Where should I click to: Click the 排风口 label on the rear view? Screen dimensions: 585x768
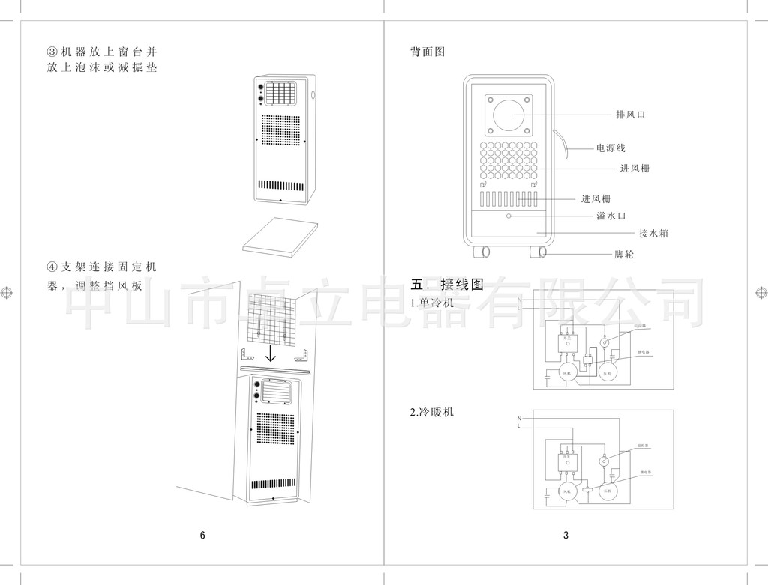tap(630, 115)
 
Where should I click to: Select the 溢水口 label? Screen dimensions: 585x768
tap(610, 216)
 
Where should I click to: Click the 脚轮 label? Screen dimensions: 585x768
tap(624, 255)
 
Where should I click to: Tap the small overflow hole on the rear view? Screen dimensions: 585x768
tap(509, 216)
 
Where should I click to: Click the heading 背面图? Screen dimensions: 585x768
tap(427, 52)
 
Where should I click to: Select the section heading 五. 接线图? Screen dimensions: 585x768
tap(447, 285)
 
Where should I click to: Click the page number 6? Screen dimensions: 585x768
tap(202, 535)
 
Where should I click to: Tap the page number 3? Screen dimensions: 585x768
tap(566, 535)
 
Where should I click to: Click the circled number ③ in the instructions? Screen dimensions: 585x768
tap(52, 52)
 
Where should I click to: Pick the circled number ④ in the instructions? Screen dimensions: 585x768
tap(52, 267)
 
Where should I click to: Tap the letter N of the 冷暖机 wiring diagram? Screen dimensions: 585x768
tap(519, 418)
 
